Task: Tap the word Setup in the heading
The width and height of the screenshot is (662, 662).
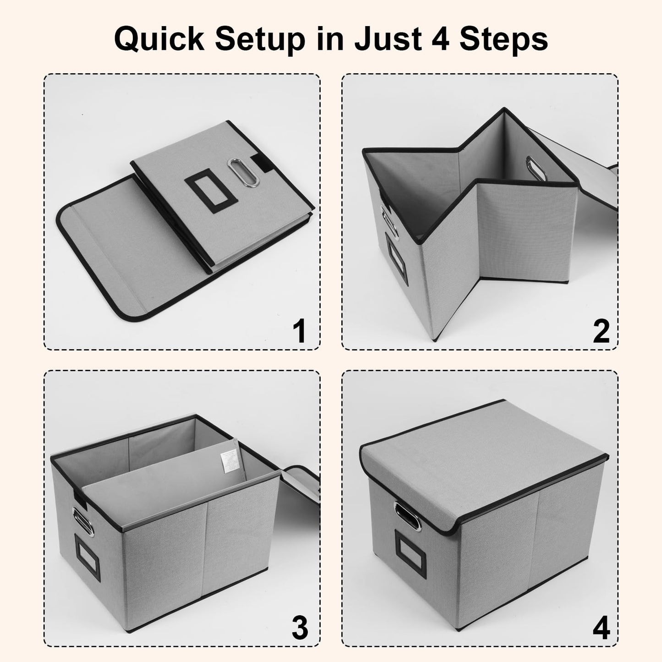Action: pos(260,39)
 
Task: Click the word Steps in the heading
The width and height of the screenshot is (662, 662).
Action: pos(503,39)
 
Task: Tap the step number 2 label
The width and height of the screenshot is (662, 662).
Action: pos(601,331)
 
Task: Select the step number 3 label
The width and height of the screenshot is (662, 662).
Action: pos(300,628)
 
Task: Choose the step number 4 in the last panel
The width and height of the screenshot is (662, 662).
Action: pos(601,628)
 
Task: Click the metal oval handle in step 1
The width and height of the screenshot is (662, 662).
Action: pos(243,172)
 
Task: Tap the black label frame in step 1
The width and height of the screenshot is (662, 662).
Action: pos(211,191)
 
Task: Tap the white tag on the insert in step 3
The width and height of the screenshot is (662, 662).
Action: pos(229,462)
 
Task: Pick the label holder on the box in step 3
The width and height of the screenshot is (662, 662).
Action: pos(87,563)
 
